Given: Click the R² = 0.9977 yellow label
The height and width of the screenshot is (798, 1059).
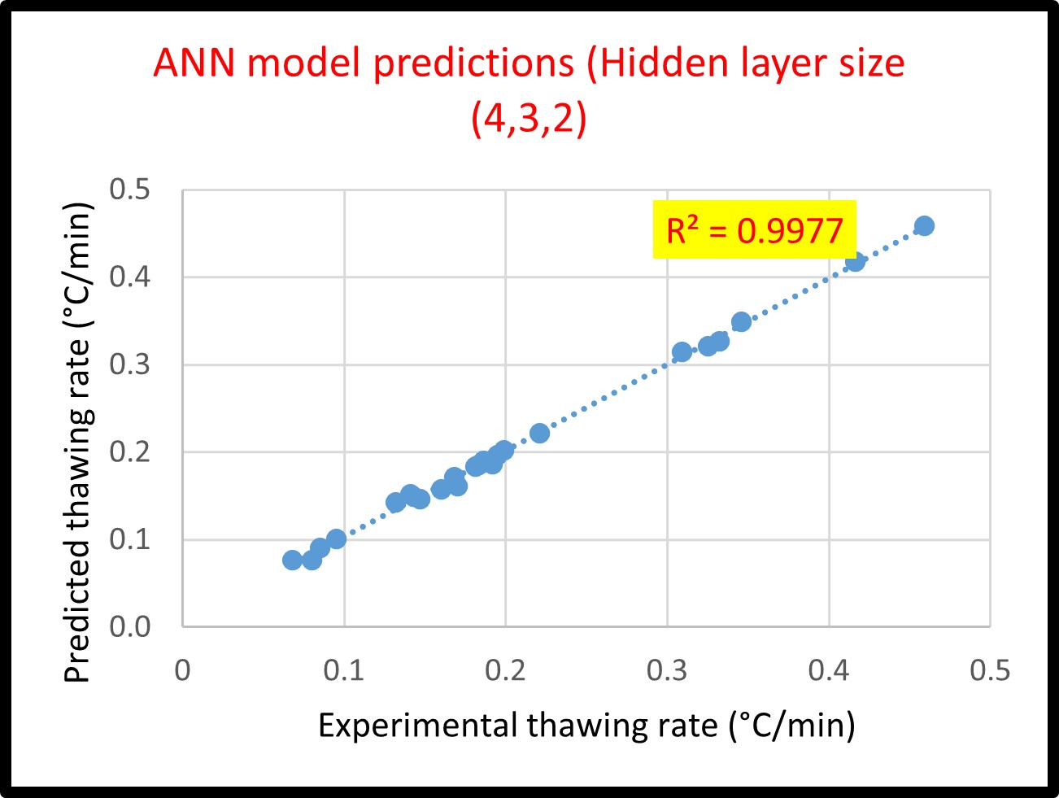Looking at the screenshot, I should tap(754, 230).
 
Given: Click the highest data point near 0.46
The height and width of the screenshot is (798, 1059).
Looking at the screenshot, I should tap(924, 226).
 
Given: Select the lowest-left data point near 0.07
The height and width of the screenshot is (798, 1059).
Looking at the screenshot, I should tap(293, 560).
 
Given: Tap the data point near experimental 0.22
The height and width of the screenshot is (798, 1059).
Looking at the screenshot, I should tap(539, 433).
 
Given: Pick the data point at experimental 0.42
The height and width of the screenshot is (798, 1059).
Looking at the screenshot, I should tap(855, 261).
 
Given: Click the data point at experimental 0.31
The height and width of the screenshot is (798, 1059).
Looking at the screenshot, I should tap(682, 352).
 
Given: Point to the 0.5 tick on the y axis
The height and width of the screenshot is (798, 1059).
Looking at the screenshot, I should tap(130, 190).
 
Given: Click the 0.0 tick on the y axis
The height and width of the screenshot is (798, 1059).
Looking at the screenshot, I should tap(130, 626).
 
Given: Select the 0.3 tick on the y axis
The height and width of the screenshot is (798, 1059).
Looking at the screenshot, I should tap(130, 364).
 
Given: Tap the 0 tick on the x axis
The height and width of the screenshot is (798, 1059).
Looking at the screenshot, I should tap(183, 670).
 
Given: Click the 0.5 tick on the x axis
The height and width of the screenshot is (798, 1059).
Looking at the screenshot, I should tap(990, 670).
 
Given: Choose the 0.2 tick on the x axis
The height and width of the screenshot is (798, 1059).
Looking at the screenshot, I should tap(505, 670).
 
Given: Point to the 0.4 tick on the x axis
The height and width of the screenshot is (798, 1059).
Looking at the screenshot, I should tap(829, 670).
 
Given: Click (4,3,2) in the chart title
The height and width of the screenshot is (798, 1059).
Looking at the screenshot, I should tap(529, 120).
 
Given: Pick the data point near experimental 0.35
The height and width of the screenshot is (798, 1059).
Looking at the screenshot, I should tap(741, 322).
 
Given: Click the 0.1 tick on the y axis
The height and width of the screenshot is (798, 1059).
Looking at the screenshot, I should tap(130, 539).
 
